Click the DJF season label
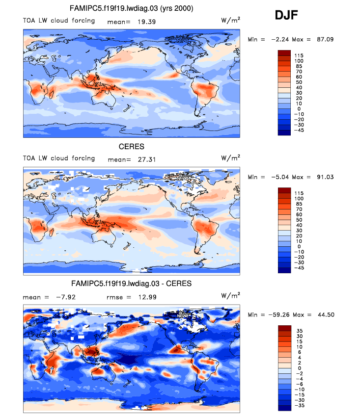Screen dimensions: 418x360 [x=286, y=17]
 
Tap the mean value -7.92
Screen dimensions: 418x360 [x=65, y=296]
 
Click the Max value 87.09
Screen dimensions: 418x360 [x=324, y=39]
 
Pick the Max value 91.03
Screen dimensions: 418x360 [x=324, y=177]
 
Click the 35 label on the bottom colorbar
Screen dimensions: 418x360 [x=299, y=331]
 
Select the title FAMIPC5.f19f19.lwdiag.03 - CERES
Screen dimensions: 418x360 [x=131, y=284]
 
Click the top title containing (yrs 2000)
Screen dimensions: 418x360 [x=131, y=9]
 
